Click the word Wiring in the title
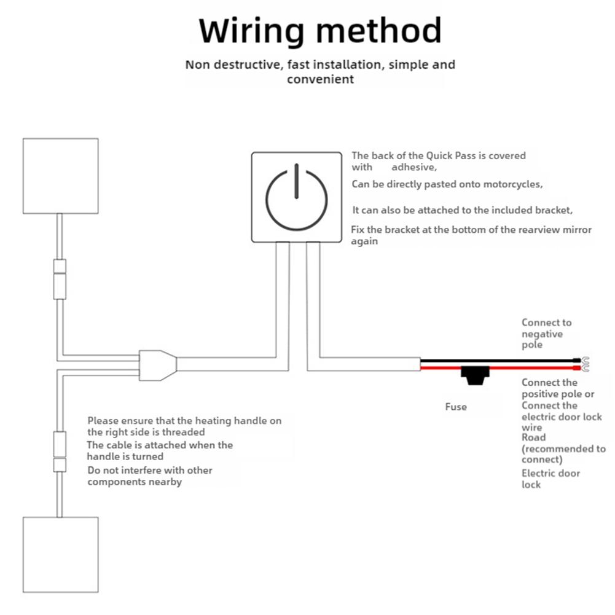251,31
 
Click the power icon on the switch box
296,197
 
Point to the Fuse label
456,407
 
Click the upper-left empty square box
60,176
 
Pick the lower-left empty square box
60,555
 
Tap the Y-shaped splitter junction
157,364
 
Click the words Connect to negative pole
546,334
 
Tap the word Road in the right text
533,437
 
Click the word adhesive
414,167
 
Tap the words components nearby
135,482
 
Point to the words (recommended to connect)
563,454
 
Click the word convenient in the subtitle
320,79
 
